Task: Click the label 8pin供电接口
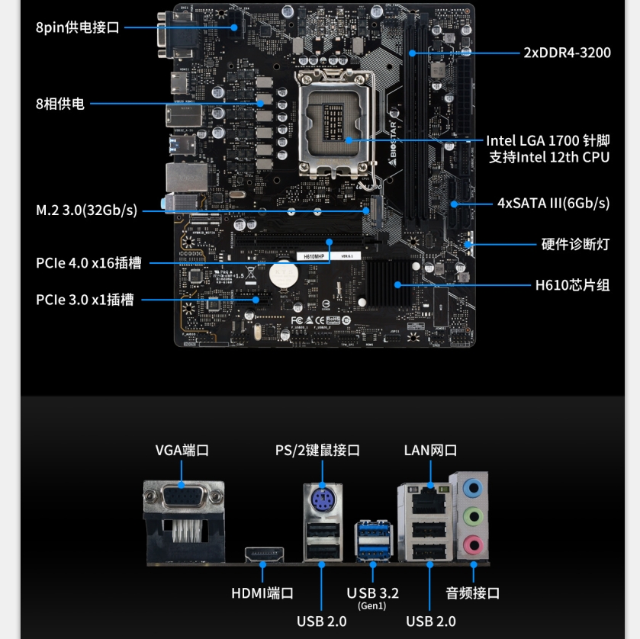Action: pos(77,28)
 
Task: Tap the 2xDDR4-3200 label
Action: pos(567,53)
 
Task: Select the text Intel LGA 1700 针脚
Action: pos(548,141)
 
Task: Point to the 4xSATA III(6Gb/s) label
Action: pos(553,203)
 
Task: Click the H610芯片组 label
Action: pos(572,285)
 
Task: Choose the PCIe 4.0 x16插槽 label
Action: pos(88,263)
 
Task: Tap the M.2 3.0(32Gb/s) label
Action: pos(87,210)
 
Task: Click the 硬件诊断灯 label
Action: pos(575,245)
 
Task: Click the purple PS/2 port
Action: pos(322,500)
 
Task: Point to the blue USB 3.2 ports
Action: pos(373,541)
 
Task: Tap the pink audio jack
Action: pos(473,544)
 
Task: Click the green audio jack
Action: pos(473,515)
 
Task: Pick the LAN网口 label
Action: pos(430,450)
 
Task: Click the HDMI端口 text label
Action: pos(262,593)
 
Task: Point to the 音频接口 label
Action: pos(473,593)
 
